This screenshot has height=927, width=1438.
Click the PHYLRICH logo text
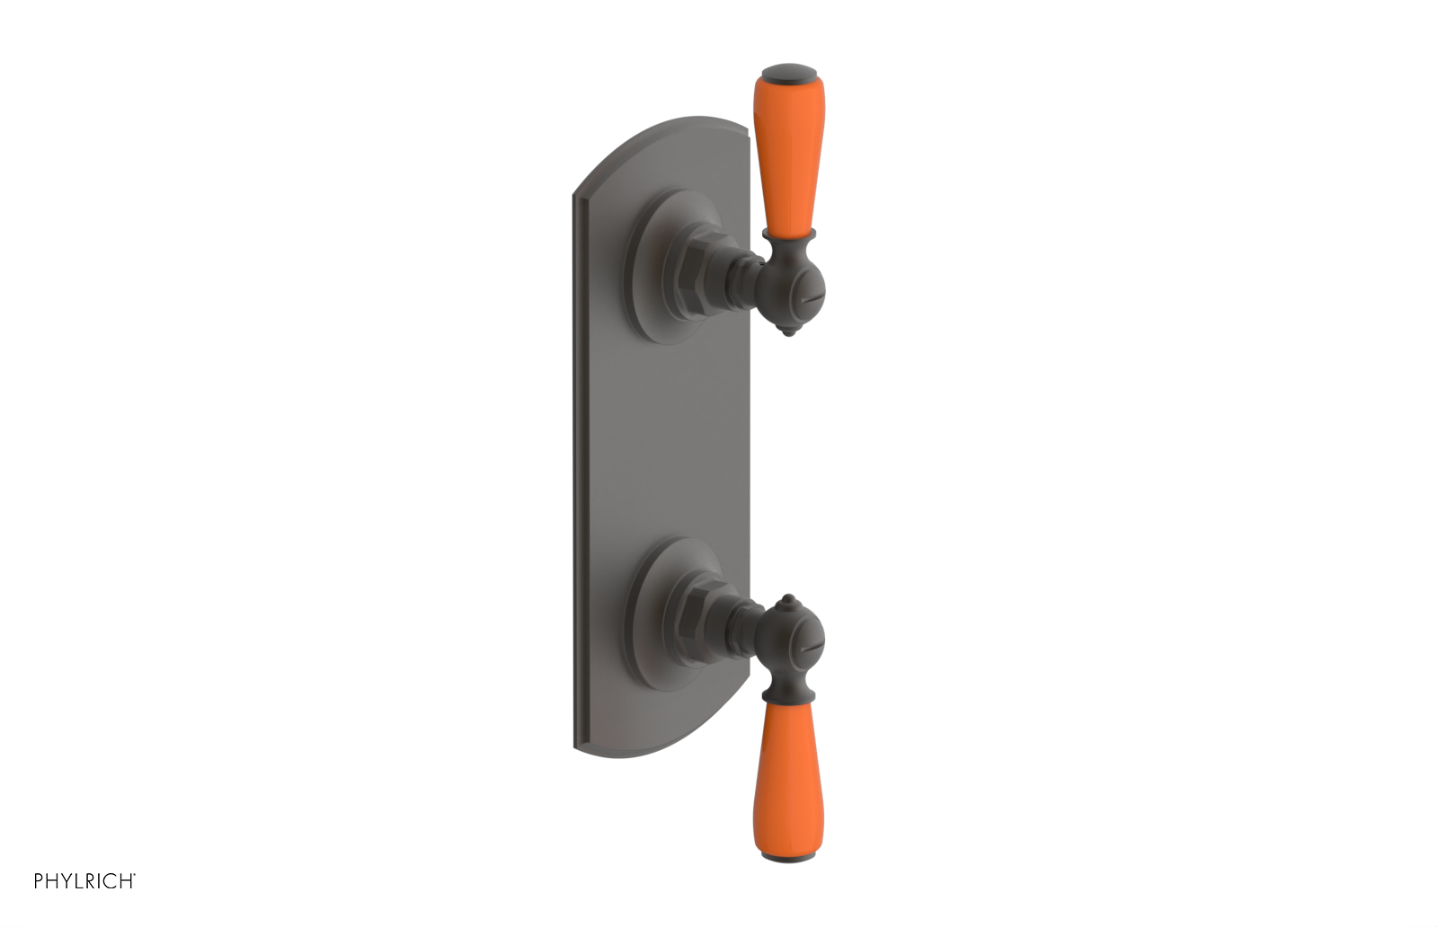tap(84, 881)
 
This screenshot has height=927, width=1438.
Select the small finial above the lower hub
tap(788, 600)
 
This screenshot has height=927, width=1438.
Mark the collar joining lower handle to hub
tap(788, 693)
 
